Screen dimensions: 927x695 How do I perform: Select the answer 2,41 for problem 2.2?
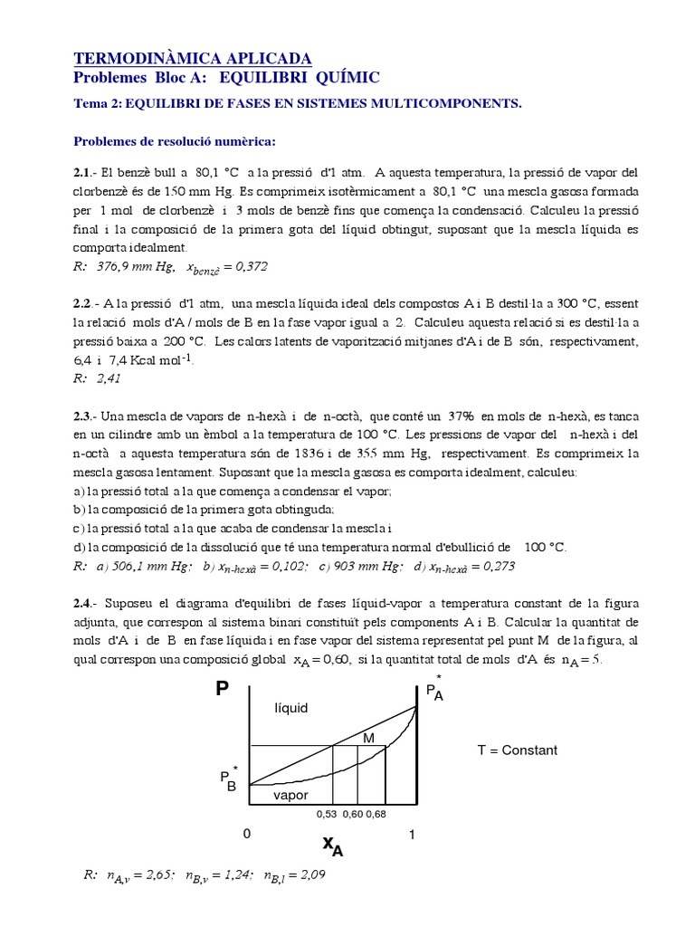coord(106,377)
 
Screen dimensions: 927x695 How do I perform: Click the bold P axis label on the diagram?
coord(222,691)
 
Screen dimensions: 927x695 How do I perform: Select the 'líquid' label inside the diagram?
coord(290,708)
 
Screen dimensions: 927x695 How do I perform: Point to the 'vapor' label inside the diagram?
coord(290,795)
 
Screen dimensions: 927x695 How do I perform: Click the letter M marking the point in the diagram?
coord(368,739)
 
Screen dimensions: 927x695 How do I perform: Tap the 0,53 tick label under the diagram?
coord(326,814)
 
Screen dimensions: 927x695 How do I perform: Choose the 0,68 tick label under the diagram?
coord(375,814)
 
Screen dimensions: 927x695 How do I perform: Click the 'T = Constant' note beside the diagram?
coord(517,750)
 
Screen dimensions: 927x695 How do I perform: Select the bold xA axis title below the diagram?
coord(333,845)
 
